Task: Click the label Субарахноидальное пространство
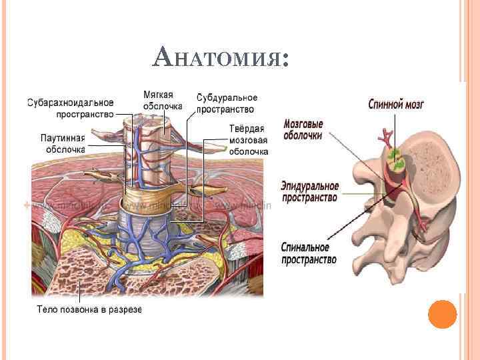coord(70,108)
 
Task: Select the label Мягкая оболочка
coord(163,101)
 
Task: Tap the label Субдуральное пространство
coord(226,103)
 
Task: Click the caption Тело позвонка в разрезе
coord(89,309)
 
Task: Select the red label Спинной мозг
coord(397,105)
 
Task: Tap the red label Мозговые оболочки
coord(303,129)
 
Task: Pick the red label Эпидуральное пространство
coord(309,191)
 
